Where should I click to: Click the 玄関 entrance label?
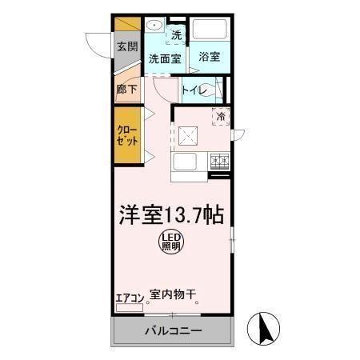[x=126, y=47]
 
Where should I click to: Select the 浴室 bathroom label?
[x=210, y=58]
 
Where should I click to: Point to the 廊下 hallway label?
[x=126, y=90]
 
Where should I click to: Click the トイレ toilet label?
[x=194, y=90]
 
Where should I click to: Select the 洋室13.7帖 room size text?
[x=171, y=214]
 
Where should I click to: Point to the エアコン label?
[x=130, y=298]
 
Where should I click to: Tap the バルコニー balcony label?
[x=173, y=330]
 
